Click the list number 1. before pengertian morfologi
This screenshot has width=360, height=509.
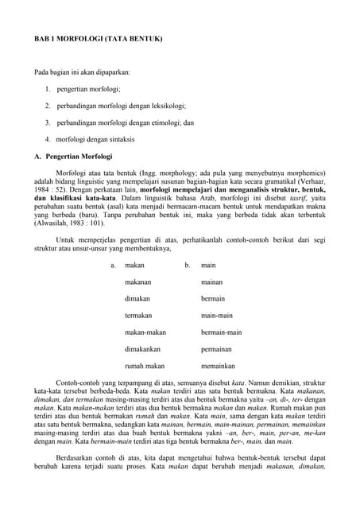coord(48,89)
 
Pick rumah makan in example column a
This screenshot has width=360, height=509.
coord(145,366)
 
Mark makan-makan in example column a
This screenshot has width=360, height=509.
coord(145,332)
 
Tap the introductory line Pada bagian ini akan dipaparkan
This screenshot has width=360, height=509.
coord(82,72)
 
